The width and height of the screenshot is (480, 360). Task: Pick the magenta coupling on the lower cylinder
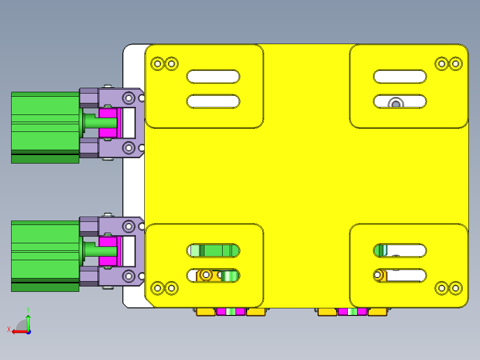coord(108,252)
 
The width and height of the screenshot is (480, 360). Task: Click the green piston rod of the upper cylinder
coord(91,121)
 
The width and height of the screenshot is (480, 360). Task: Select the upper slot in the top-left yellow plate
coord(213,77)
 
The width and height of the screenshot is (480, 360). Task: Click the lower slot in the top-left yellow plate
coord(213,101)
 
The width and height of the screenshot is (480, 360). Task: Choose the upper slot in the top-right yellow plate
coord(400,77)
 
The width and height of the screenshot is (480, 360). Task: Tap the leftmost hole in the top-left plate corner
coord(157,64)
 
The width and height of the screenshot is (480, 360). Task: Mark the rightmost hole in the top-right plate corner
coord(455,63)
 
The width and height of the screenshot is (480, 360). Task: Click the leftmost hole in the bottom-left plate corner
coord(157,288)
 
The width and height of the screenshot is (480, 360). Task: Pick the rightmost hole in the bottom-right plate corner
coord(455,288)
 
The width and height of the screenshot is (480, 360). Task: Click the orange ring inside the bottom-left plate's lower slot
coord(206,275)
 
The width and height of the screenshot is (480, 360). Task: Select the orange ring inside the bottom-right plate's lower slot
coord(380,275)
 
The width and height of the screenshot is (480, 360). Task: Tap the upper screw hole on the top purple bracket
coord(129,97)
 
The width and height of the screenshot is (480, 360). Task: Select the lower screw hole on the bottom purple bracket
coord(129,276)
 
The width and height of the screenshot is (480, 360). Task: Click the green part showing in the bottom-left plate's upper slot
coord(216,250)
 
